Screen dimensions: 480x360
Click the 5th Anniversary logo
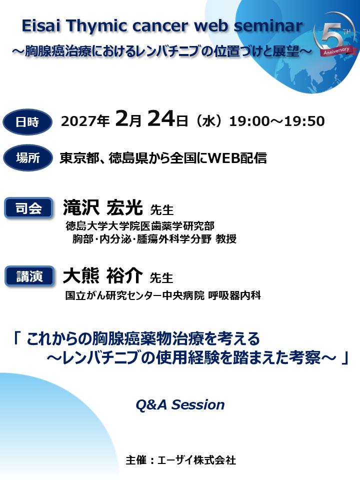tap(333, 40)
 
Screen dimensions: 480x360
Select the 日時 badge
tap(27, 121)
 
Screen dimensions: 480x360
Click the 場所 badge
tap(27, 158)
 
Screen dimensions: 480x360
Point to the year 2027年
tap(85, 121)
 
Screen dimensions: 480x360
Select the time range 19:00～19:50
tap(276, 121)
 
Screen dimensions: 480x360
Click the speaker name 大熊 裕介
tap(102, 275)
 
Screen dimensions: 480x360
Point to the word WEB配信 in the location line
tap(237, 158)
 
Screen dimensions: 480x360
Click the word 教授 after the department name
tap(226, 239)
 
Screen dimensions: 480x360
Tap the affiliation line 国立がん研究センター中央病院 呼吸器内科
tap(163, 295)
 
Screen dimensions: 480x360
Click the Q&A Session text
tap(180, 404)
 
